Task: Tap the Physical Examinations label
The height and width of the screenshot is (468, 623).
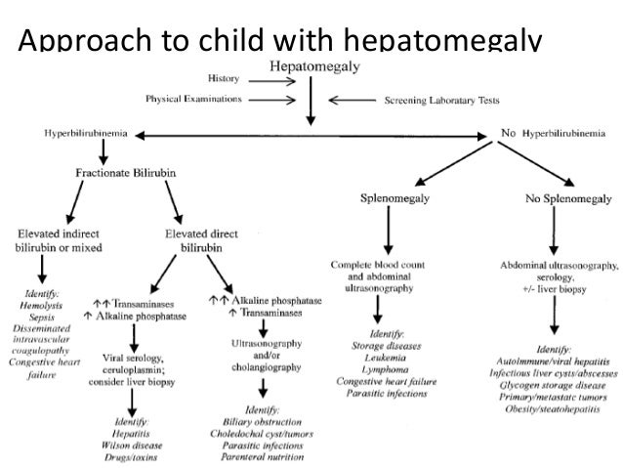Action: [194, 99]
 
